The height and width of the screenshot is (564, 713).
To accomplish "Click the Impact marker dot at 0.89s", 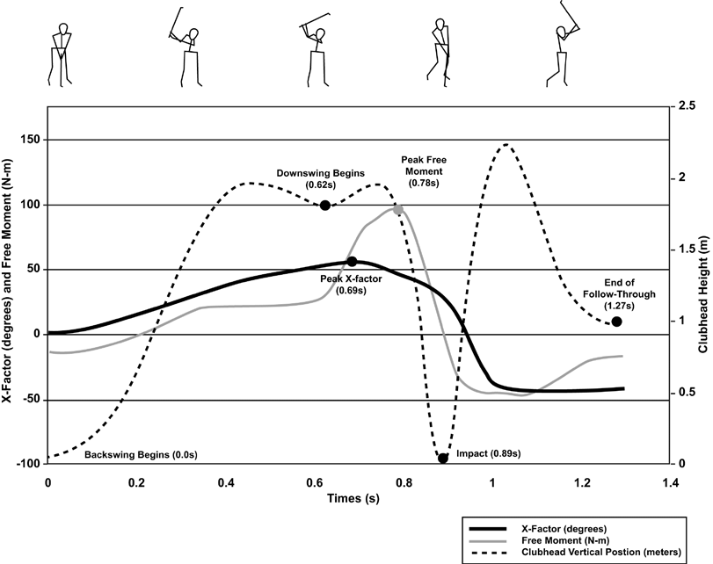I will (x=443, y=458).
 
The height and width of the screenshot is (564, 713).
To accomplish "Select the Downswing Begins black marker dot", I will (x=325, y=205).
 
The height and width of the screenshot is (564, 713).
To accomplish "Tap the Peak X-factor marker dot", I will (x=352, y=261).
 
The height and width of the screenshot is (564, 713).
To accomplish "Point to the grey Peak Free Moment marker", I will (x=397, y=209).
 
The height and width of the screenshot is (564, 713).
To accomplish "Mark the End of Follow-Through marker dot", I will (x=616, y=322).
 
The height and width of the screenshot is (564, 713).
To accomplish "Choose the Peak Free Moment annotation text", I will (x=419, y=171).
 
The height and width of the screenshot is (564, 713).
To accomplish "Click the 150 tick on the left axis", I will (x=31, y=140).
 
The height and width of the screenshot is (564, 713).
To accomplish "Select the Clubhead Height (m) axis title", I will (x=703, y=286).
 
